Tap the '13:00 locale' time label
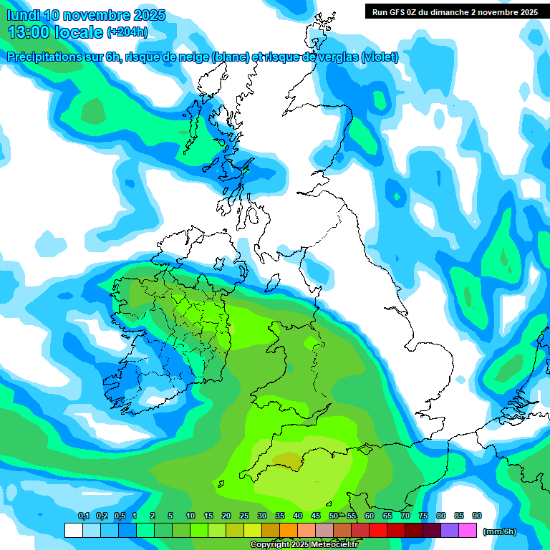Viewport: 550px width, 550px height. pos(55,32)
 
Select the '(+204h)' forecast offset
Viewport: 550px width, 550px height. pos(127,32)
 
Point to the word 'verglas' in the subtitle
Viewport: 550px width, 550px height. pos(337,57)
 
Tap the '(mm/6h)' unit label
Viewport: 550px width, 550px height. pos(499,531)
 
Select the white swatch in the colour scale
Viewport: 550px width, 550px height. pos(73,531)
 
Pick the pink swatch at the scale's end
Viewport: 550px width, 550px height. pos(468,531)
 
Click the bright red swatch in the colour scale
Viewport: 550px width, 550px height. pos(377,531)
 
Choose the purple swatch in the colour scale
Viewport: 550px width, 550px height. pos(450,531)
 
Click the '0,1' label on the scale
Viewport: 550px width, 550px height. pos(83,516)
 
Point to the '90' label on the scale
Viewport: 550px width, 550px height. pos(476,516)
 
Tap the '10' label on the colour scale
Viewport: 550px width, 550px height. pos(190,516)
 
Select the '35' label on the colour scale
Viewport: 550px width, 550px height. pos(280,516)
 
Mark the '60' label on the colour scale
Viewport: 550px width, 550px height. pos(369,516)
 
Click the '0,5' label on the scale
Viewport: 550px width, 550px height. pos(119,516)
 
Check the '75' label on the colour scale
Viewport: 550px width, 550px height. pos(423,516)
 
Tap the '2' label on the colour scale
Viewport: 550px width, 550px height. pos(153,516)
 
